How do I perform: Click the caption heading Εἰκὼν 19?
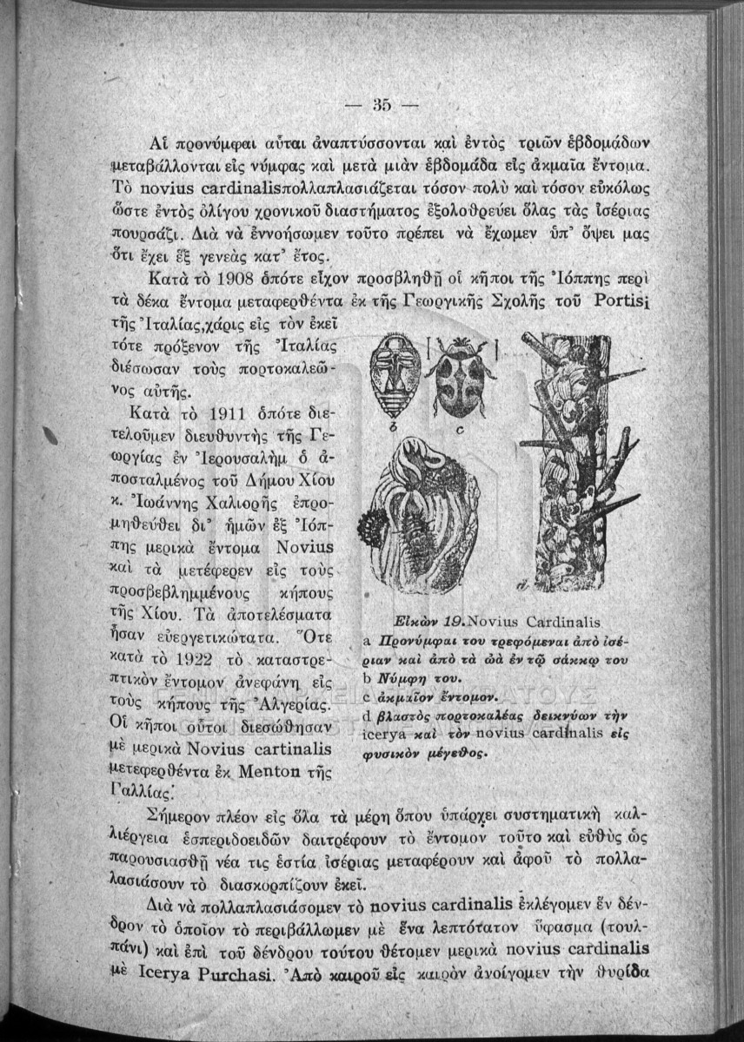[x=422, y=623]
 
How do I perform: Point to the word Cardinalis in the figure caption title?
[x=563, y=623]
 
